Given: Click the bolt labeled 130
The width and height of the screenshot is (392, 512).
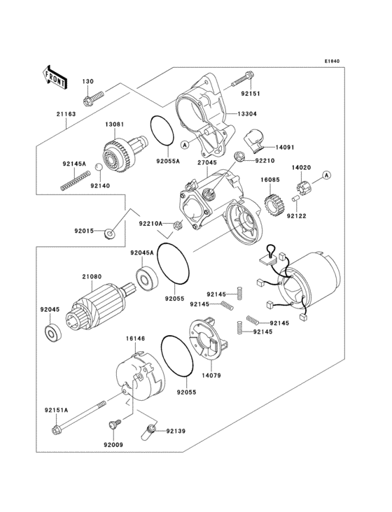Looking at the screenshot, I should click(93, 99).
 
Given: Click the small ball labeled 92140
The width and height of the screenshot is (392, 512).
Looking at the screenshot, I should click(99, 169).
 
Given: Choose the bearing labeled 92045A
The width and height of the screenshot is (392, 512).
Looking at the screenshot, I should click(148, 280).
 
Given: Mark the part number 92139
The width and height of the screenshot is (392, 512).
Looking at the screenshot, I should click(176, 432).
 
